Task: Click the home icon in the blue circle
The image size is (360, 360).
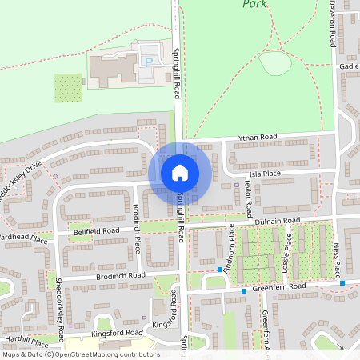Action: click(180, 173)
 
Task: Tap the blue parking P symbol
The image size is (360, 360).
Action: click(147, 61)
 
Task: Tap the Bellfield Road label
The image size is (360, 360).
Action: click(96, 230)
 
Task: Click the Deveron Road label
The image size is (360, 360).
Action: click(331, 24)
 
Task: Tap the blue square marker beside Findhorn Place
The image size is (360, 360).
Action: click(219, 270)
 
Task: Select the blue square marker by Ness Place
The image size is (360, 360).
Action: click(342, 282)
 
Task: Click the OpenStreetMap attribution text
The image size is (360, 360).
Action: click(80, 354)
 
